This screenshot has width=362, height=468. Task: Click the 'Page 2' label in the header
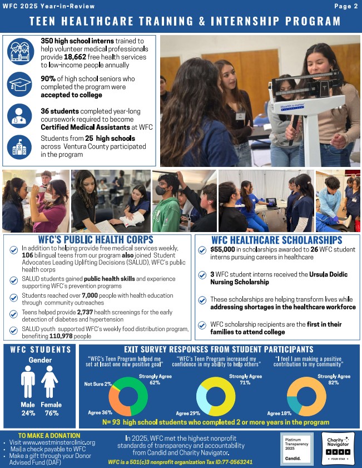(x=346, y=6)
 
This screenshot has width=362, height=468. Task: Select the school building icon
(x=20, y=146)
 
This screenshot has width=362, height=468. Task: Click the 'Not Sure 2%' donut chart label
(x=98, y=384)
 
